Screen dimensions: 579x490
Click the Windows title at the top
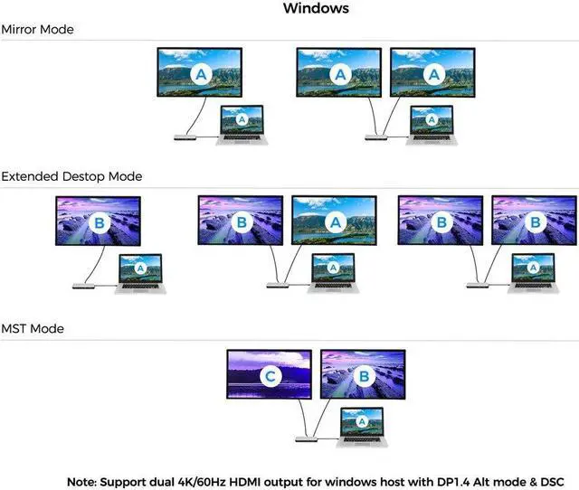click(316, 9)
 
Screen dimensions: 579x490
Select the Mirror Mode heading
click(37, 30)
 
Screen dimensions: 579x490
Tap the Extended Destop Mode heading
click(71, 176)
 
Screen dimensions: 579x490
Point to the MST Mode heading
click(33, 329)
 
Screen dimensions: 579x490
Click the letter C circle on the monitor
click(269, 374)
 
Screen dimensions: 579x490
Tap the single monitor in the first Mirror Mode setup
click(199, 72)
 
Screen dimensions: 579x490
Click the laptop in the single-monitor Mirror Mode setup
click(242, 122)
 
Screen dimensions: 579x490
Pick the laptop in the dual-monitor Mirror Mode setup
click(432, 122)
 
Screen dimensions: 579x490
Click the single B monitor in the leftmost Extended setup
click(98, 221)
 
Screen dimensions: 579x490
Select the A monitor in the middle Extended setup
click(334, 221)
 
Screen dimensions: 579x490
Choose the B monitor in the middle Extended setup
click(241, 221)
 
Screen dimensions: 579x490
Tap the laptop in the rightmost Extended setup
click(533, 270)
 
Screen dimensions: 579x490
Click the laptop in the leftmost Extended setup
click(140, 270)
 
